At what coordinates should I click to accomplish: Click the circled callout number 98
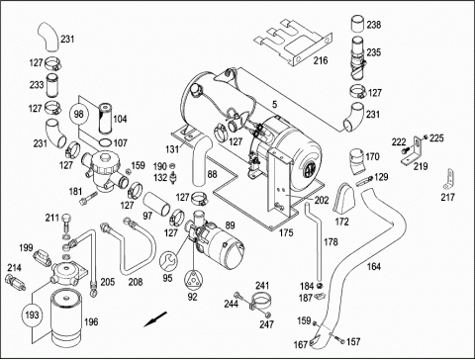[78, 114]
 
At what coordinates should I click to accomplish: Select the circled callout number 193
[32, 315]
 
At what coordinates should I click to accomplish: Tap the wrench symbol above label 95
[167, 260]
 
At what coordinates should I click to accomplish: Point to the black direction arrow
[155, 319]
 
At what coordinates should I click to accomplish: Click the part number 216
[321, 60]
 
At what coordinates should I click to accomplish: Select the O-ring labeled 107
[105, 142]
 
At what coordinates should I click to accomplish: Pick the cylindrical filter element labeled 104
[106, 119]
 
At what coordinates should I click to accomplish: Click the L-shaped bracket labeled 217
[448, 181]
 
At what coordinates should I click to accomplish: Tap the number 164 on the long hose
[374, 266]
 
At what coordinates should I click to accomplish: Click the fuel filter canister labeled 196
[66, 316]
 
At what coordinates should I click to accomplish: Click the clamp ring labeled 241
[260, 300]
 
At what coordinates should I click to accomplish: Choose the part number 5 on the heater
[274, 105]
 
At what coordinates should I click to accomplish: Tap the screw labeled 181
[88, 198]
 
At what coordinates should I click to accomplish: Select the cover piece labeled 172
[343, 198]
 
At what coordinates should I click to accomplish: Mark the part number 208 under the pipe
[136, 282]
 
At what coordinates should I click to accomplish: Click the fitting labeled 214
[16, 283]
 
